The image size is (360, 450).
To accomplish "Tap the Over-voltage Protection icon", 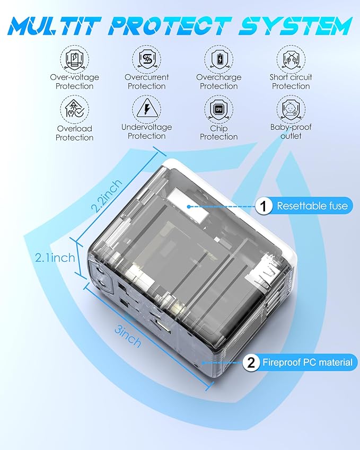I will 74,58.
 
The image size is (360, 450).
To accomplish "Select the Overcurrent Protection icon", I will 146,58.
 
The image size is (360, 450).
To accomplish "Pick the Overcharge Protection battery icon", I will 218,58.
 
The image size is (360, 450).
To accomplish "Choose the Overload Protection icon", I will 74,109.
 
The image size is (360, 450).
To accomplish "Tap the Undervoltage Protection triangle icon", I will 146,108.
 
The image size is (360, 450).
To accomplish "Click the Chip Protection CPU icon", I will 218,109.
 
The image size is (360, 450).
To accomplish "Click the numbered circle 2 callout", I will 250,363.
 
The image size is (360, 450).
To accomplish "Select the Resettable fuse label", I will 312,206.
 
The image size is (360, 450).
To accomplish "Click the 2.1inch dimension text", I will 55,258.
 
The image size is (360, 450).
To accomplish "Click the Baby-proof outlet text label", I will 291,131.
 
